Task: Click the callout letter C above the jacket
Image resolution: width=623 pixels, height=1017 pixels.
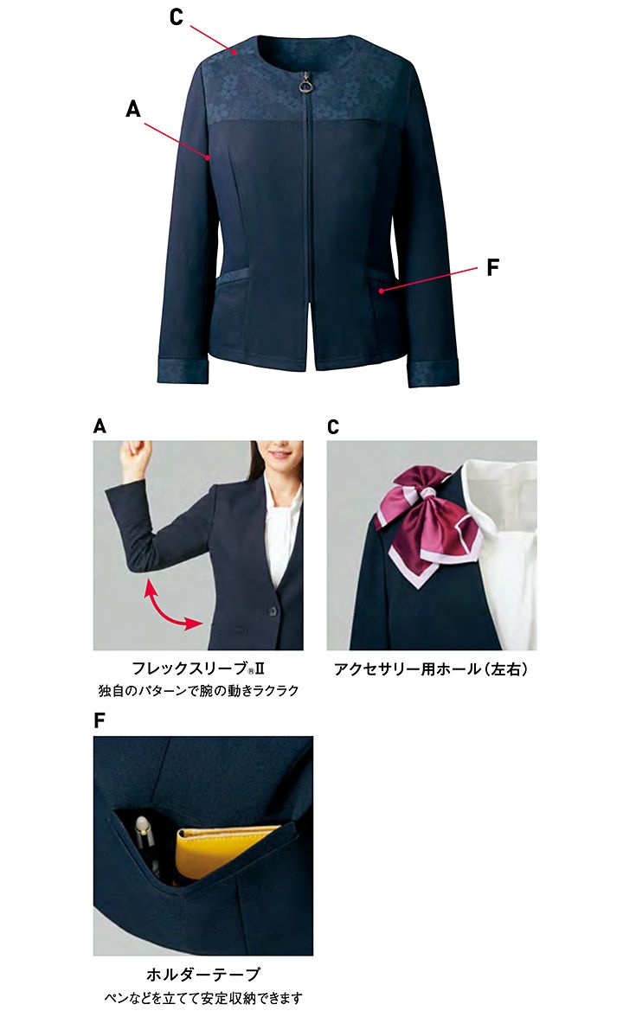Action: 176,17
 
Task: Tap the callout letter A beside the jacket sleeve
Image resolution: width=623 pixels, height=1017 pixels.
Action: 133,108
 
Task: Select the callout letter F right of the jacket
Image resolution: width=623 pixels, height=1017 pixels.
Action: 493,267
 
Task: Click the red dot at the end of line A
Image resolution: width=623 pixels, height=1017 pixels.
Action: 208,157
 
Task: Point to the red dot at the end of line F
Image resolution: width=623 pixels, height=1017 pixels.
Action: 382,292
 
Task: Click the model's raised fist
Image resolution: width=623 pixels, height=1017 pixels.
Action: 138,451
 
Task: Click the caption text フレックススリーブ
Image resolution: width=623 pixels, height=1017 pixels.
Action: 189,668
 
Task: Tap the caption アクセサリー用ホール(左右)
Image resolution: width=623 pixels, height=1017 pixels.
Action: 431,668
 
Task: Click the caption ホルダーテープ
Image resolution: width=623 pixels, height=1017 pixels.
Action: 203,974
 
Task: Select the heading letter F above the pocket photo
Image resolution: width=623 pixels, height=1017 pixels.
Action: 100,720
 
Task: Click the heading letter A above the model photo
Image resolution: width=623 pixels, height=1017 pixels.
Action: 100,426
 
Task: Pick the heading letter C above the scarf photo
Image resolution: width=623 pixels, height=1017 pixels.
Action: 334,427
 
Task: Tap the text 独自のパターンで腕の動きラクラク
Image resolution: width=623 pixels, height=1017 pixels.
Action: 199,691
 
